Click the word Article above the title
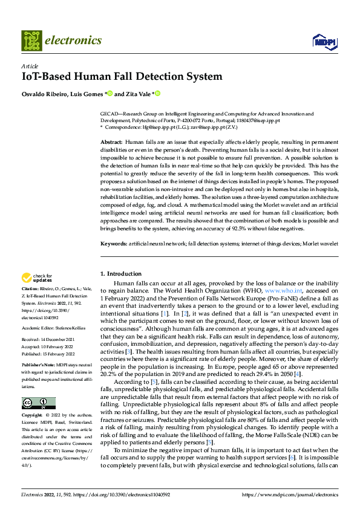click(x=30, y=66)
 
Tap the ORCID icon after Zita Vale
click(x=157, y=94)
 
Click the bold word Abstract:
click(x=111, y=141)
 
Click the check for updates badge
click(x=36, y=278)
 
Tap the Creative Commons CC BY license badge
click(x=38, y=403)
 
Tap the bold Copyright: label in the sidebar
click(x=32, y=416)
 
